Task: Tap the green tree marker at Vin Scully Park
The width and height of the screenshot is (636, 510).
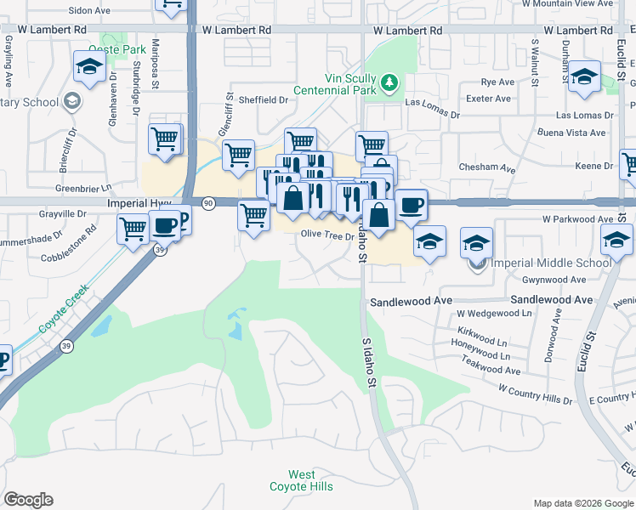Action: click(x=389, y=82)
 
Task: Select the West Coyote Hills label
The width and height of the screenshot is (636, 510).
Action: click(x=301, y=480)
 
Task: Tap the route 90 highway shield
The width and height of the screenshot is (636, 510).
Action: click(x=208, y=203)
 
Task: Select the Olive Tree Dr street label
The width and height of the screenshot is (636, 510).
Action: click(x=327, y=235)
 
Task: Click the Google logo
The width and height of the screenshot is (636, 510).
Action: click(x=27, y=500)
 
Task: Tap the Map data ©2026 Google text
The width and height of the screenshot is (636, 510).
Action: click(x=582, y=502)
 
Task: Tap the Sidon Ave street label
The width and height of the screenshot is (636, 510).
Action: click(x=89, y=11)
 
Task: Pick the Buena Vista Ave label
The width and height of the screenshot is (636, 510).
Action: click(x=571, y=133)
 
